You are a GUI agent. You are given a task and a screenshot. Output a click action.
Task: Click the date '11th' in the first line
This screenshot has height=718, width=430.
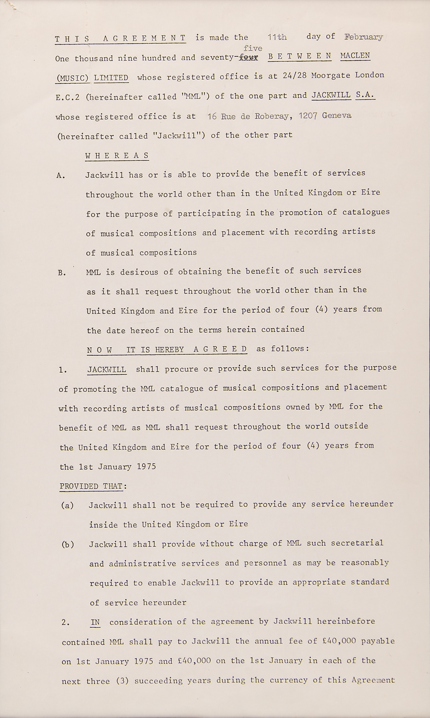(x=277, y=37)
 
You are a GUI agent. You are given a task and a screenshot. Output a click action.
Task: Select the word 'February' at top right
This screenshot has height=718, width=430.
(x=363, y=37)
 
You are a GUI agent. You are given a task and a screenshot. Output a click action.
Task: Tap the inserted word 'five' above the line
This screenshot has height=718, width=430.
(x=253, y=48)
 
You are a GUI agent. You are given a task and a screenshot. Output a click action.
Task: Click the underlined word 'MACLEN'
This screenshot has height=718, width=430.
(x=355, y=56)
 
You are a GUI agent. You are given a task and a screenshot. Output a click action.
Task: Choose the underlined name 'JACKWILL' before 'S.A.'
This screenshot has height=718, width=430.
(x=331, y=95)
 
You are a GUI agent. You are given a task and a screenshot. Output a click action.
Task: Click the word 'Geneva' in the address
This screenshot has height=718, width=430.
(x=337, y=116)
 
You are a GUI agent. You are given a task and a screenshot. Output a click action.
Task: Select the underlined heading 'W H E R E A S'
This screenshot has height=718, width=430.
(x=117, y=156)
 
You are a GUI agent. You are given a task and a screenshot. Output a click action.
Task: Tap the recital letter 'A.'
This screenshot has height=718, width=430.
(x=61, y=176)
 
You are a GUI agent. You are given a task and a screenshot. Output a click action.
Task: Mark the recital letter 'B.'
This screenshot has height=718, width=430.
(x=62, y=273)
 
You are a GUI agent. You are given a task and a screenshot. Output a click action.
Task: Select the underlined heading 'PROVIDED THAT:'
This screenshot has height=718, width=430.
(x=93, y=486)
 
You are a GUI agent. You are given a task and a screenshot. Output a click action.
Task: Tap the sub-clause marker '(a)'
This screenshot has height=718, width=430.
(x=67, y=506)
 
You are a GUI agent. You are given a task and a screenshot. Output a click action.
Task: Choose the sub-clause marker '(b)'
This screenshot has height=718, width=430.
(x=68, y=545)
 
